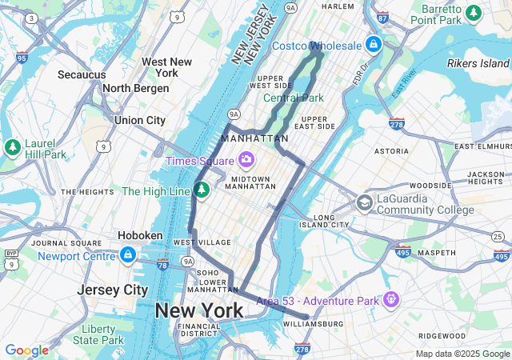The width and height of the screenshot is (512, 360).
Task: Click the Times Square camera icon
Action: point(246,161)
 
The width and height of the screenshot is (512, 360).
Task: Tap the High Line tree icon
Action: point(202,190)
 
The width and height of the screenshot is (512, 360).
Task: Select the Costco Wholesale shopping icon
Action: point(374,44)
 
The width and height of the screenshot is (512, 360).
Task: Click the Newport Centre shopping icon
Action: point(126,254)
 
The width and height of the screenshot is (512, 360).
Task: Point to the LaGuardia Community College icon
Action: point(364,203)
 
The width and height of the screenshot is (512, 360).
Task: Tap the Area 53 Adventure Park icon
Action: point(390,299)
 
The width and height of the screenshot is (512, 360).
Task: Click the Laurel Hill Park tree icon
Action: point(13,147)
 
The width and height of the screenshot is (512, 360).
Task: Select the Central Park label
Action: point(294,98)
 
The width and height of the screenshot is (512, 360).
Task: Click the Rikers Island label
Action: point(478,63)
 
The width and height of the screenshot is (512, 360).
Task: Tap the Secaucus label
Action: point(82,74)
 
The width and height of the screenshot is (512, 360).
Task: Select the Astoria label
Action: point(391,150)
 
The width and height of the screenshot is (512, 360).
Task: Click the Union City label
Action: point(140,120)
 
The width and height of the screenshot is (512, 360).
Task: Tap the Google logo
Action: point(26,350)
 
